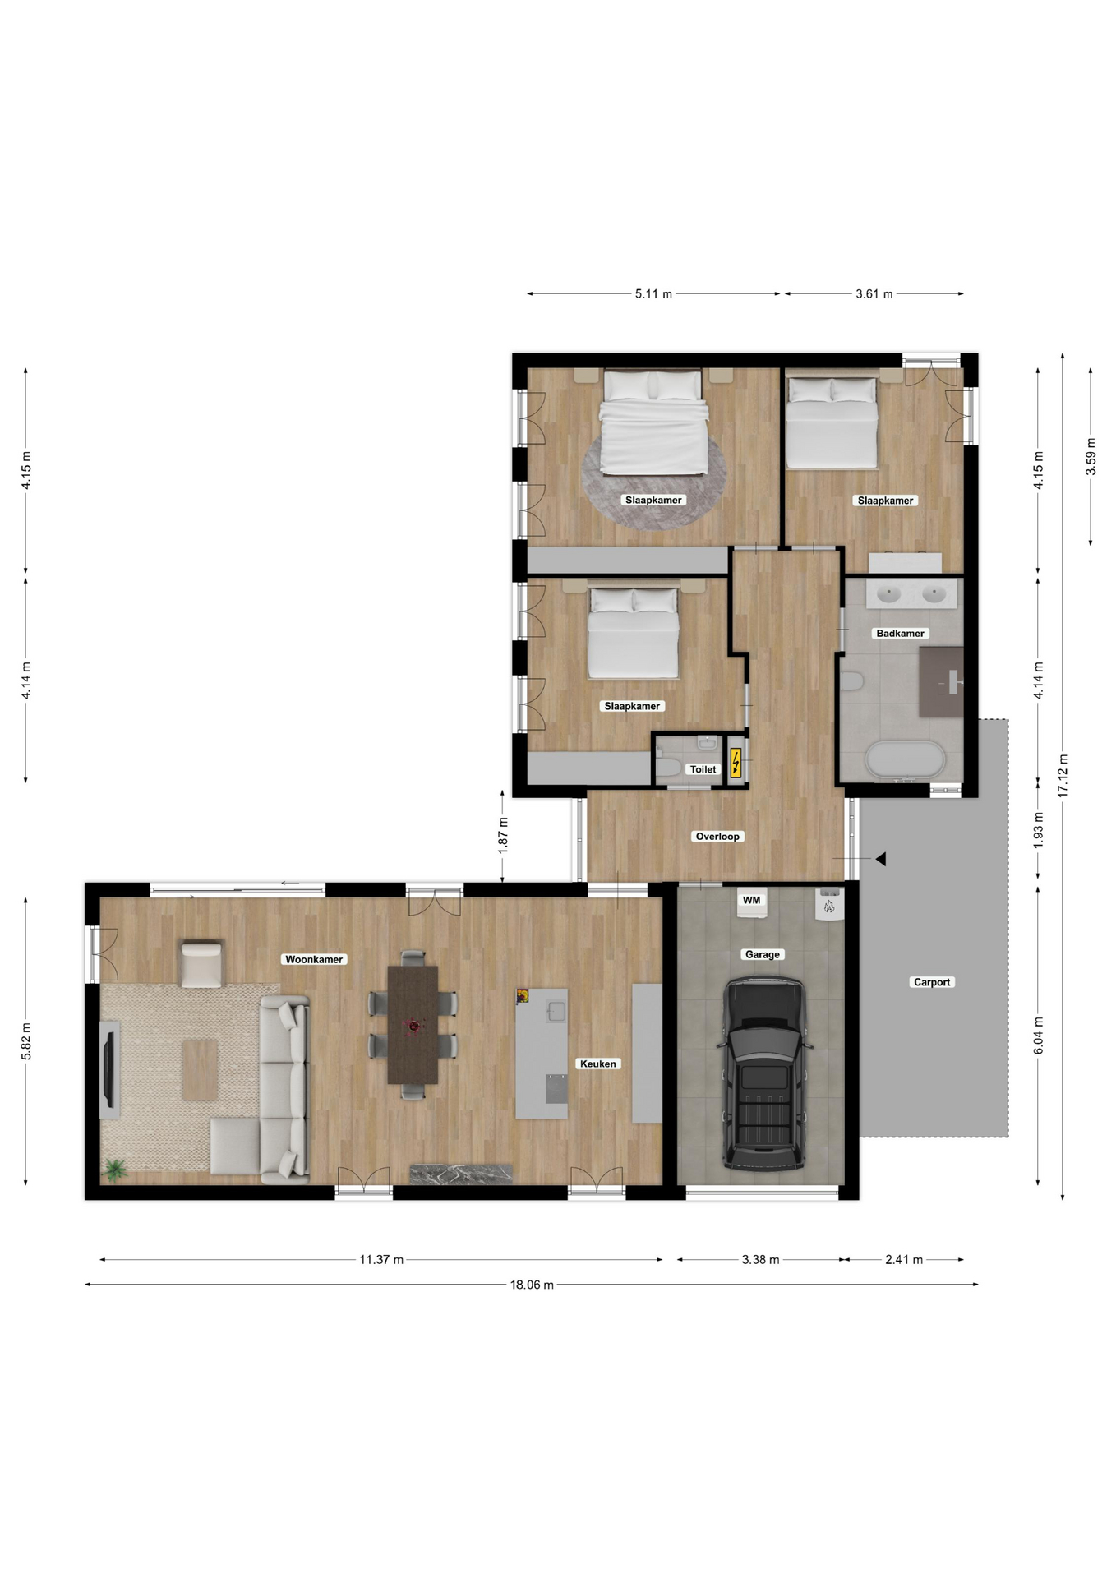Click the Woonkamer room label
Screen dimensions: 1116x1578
pyautogui.click(x=314, y=959)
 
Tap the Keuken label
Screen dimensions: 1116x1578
pyautogui.click(x=597, y=1064)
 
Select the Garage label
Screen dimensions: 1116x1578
pyautogui.click(x=762, y=954)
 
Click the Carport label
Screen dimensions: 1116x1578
pyautogui.click(x=932, y=982)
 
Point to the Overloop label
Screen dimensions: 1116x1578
pyautogui.click(x=717, y=837)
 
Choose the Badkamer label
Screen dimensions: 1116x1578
pyautogui.click(x=900, y=634)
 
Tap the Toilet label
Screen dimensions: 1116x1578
pyautogui.click(x=703, y=769)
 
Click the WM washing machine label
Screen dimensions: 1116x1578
pyautogui.click(x=751, y=900)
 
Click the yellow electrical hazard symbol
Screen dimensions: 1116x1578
pyautogui.click(x=736, y=764)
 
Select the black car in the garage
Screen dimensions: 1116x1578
pyautogui.click(x=763, y=1073)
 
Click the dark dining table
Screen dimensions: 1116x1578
pyautogui.click(x=413, y=1024)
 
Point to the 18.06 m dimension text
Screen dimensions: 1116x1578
pyautogui.click(x=532, y=1285)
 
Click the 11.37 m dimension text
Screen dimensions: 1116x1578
pyautogui.click(x=381, y=1259)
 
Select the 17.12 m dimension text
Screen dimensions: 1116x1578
pyautogui.click(x=1063, y=776)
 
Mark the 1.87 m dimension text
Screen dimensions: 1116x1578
pyautogui.click(x=503, y=835)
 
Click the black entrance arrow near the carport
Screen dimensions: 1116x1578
pyautogui.click(x=880, y=859)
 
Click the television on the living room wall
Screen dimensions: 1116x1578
pyautogui.click(x=109, y=1069)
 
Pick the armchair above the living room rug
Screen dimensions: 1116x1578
pyautogui.click(x=201, y=963)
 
